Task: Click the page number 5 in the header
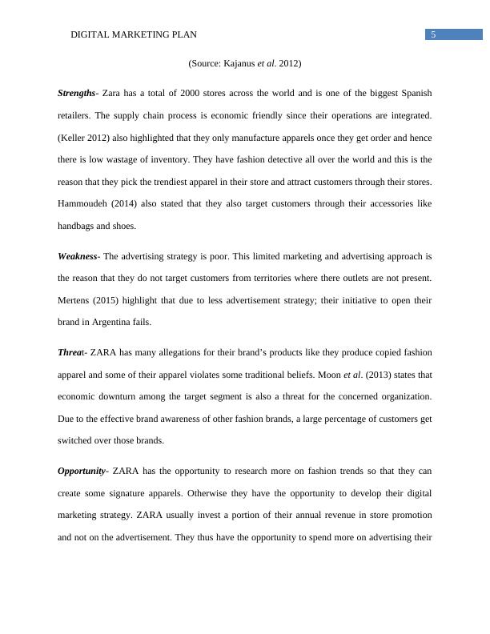[x=433, y=34]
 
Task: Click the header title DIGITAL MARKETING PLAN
[x=134, y=34]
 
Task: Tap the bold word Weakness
[x=77, y=257]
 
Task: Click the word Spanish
[x=414, y=94]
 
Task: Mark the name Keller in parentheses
[x=77, y=138]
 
